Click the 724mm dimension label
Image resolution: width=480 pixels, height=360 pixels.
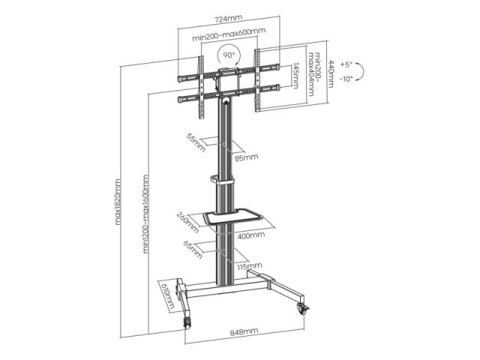click(228, 19)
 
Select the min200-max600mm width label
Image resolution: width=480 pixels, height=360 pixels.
click(229, 34)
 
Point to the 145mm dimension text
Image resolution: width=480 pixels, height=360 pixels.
click(295, 76)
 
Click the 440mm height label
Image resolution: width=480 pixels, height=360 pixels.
click(331, 73)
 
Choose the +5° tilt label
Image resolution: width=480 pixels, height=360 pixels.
click(346, 64)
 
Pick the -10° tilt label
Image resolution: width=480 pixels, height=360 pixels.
click(346, 79)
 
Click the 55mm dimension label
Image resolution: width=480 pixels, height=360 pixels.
click(196, 142)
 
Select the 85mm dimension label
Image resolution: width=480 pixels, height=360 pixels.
click(247, 157)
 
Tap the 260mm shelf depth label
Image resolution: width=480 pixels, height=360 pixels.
click(188, 222)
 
